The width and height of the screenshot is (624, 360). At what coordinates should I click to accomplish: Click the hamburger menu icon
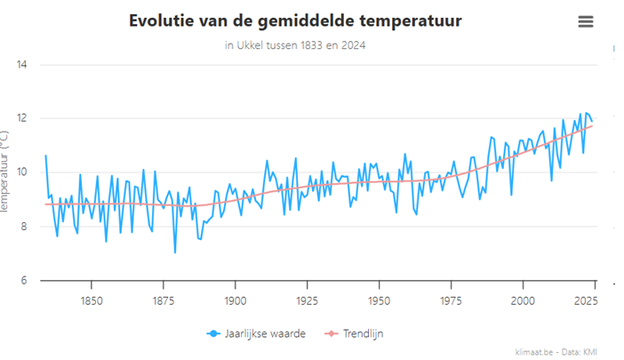coord(585,22)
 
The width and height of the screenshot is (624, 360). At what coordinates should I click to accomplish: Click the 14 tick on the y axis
coord(21,64)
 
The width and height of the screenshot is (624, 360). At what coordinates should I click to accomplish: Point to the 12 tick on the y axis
coord(21,118)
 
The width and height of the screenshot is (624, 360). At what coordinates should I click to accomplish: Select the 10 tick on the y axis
coord(21,172)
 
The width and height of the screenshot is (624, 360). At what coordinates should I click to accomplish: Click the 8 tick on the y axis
coord(23,227)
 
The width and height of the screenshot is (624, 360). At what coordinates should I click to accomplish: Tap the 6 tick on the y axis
coord(23,281)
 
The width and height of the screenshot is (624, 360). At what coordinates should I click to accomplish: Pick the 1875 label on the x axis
coord(163,300)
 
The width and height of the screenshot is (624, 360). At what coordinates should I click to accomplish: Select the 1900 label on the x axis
coord(235,300)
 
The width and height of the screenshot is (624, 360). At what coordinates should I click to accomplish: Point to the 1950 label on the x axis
coord(379,300)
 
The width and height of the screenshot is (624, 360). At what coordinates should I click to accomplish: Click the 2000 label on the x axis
coord(523,300)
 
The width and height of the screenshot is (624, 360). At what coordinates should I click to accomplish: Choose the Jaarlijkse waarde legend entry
coord(263,333)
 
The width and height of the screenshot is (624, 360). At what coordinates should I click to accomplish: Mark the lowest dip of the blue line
coord(174,253)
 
